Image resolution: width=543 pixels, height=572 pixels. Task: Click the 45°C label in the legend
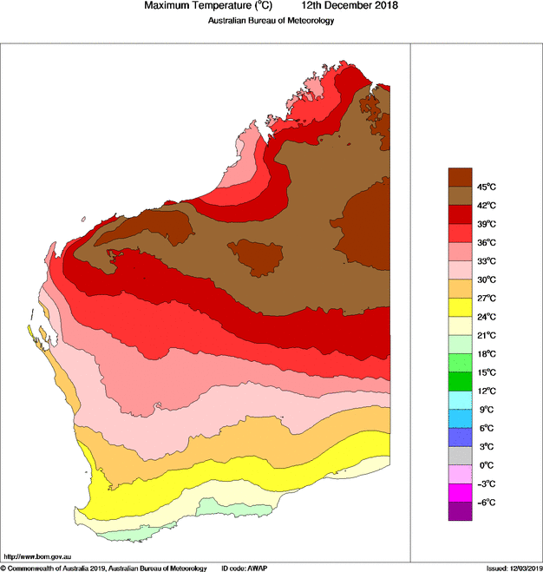coord(485,187)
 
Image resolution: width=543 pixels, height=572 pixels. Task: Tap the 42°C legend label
coord(485,206)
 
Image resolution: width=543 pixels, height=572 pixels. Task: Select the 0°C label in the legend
coord(485,465)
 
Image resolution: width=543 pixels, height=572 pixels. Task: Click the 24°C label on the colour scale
coord(485,317)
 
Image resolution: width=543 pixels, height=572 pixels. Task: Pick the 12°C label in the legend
coord(485,391)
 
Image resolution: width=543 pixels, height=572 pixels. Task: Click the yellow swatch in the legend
coord(460,307)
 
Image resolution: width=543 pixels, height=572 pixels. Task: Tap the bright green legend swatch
coord(460,381)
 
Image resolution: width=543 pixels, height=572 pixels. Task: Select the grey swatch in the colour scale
coord(460,456)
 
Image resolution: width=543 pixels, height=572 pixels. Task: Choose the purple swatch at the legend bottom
coord(460,511)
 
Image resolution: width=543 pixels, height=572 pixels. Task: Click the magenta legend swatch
coord(460,493)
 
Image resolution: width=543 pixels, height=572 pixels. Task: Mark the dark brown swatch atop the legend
coord(460,177)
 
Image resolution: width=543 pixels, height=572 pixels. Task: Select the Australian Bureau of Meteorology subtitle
coord(271,21)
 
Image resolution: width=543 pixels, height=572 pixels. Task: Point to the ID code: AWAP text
coord(245,568)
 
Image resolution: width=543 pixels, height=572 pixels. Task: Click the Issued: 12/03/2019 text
coord(512,568)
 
